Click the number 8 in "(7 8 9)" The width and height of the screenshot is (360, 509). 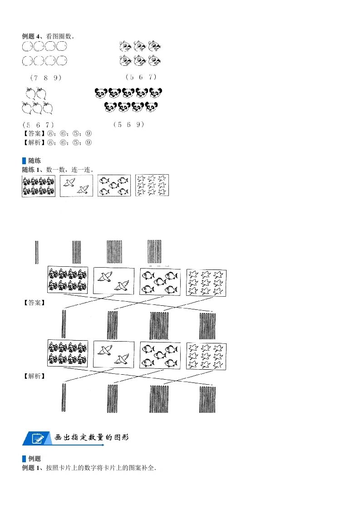(46, 78)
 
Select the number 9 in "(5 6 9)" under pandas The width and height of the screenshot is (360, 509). (138, 124)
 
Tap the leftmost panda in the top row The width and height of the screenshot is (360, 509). (101, 93)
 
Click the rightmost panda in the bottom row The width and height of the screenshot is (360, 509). (152, 107)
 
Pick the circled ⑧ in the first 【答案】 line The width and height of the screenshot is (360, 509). (51, 133)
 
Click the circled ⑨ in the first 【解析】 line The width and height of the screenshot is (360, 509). (89, 142)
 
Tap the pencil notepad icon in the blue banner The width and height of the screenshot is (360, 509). (38, 438)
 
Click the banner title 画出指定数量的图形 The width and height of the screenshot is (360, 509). (92, 438)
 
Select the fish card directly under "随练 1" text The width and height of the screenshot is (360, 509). (114, 186)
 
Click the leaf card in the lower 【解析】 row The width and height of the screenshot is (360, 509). (206, 356)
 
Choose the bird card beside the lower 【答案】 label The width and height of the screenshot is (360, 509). (113, 281)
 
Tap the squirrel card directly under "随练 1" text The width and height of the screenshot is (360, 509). (39, 186)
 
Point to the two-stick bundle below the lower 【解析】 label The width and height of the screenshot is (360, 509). (64, 397)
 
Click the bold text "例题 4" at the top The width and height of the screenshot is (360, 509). (30, 36)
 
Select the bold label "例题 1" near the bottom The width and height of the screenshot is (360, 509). (30, 468)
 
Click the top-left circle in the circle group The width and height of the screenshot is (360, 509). (27, 46)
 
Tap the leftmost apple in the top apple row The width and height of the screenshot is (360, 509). (30, 93)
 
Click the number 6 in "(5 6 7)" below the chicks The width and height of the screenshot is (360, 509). (141, 77)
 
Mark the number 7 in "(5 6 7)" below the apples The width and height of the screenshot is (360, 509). (47, 125)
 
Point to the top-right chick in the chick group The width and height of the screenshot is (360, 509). (155, 46)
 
